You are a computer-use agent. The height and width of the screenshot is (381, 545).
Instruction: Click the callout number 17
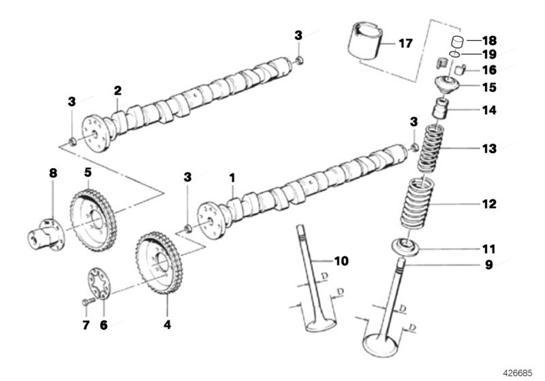coord(405,44)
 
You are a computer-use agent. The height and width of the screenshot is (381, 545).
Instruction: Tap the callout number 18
coord(489,40)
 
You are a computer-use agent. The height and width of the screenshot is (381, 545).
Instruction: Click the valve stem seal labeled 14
coord(441,109)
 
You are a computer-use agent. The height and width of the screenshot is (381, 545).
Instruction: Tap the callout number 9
coord(488,265)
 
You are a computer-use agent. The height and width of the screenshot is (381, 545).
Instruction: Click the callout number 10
coord(341,260)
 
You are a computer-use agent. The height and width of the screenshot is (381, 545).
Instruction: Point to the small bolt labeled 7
coord(87,301)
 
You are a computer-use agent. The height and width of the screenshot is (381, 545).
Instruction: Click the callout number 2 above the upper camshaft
coord(117,90)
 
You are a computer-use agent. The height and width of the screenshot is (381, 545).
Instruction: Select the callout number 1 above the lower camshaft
coord(232,178)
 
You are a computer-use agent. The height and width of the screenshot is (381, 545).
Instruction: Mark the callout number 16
coord(489,69)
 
